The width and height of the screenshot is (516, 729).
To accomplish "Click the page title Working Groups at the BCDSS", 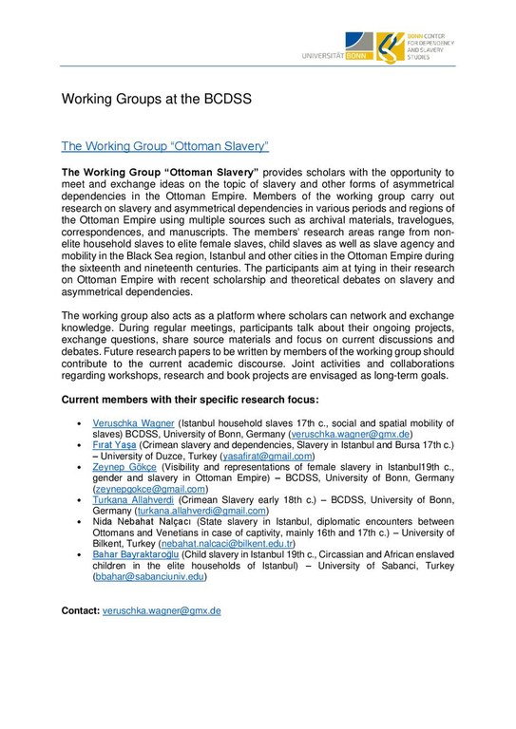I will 156,99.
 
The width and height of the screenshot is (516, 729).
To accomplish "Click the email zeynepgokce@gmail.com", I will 151,489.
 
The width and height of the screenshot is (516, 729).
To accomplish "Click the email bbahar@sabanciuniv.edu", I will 149,576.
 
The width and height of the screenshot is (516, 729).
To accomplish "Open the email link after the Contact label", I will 160,610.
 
